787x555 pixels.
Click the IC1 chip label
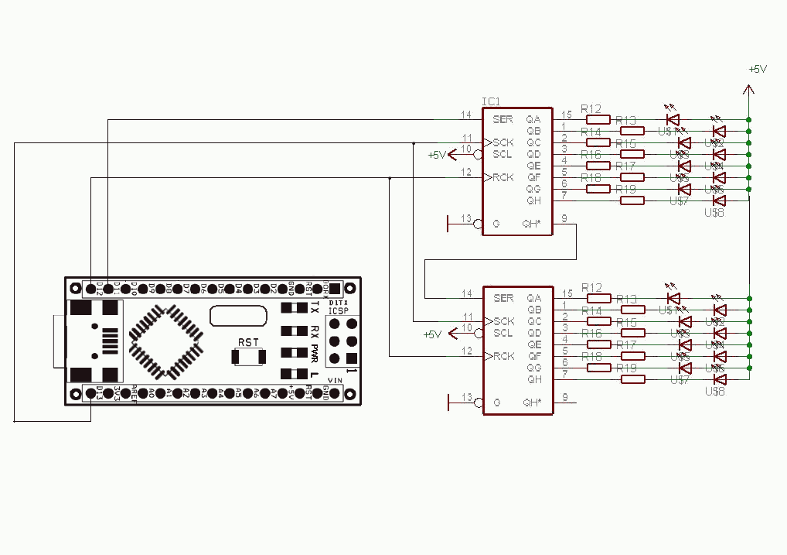click(x=491, y=101)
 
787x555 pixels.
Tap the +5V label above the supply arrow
click(x=758, y=69)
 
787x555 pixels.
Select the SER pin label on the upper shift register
click(x=503, y=120)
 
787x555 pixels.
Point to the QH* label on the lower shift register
click(x=532, y=403)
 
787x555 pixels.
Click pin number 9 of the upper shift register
click(x=565, y=219)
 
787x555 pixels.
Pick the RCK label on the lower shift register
click(x=503, y=356)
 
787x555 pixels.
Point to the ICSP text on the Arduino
click(x=339, y=311)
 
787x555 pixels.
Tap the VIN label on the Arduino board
click(x=336, y=379)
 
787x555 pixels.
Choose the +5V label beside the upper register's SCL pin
click(x=437, y=155)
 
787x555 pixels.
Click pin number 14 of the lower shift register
click(x=466, y=293)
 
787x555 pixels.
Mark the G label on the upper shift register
click(x=496, y=224)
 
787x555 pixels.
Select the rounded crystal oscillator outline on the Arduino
click(x=233, y=316)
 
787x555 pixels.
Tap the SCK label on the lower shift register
click(x=503, y=321)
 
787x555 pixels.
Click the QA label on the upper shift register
click(x=533, y=120)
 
